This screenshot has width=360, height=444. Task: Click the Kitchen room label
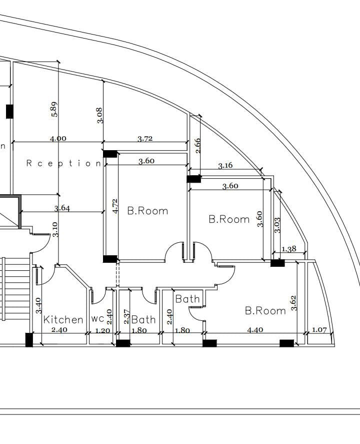pyautogui.click(x=63, y=320)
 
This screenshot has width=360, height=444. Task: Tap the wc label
pyautogui.click(x=98, y=318)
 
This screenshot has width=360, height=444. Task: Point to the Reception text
pyautogui.click(x=63, y=163)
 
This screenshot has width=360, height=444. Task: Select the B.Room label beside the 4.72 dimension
pyautogui.click(x=147, y=211)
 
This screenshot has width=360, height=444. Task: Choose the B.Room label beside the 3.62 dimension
pyautogui.click(x=265, y=311)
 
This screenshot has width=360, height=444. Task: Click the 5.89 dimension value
pyautogui.click(x=54, y=109)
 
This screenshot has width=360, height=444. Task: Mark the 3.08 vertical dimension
pyautogui.click(x=99, y=115)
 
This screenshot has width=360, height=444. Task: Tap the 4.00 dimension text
pyautogui.click(x=58, y=139)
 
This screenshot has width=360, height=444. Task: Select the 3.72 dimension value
pyautogui.click(x=145, y=139)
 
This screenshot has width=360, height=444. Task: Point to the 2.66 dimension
pyautogui.click(x=197, y=146)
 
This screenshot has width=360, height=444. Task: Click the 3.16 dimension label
pyautogui.click(x=225, y=165)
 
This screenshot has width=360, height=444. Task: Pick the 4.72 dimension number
pyautogui.click(x=114, y=206)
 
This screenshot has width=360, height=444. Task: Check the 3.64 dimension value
pyautogui.click(x=62, y=208)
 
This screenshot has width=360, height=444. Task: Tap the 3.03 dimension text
pyautogui.click(x=277, y=225)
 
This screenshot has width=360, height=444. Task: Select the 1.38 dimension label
pyautogui.click(x=289, y=249)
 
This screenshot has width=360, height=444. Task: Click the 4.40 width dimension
pyautogui.click(x=255, y=330)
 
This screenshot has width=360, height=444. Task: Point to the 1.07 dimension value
pyautogui.click(x=319, y=330)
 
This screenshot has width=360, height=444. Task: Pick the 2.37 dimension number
pyautogui.click(x=126, y=316)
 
